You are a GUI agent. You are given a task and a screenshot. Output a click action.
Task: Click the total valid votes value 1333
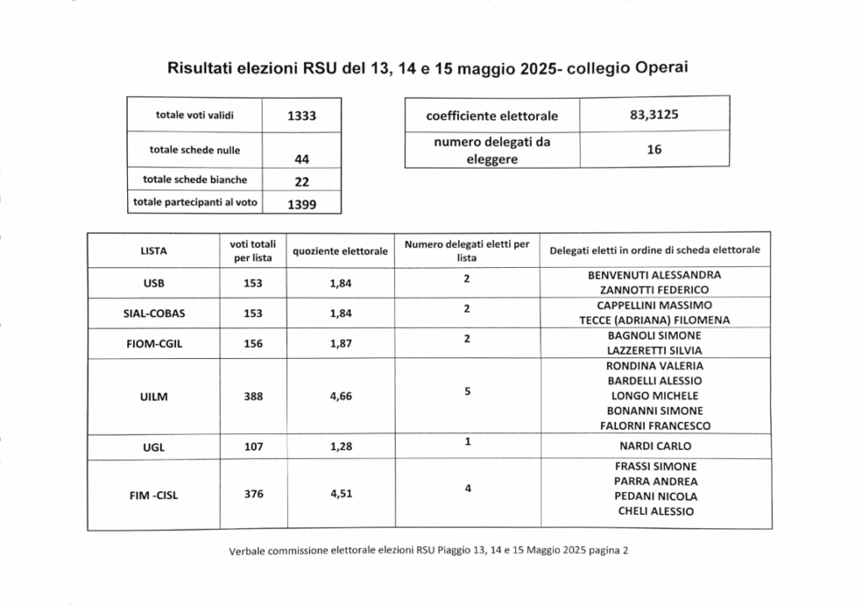[301, 116]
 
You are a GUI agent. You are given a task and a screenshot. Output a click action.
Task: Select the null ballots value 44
[301, 158]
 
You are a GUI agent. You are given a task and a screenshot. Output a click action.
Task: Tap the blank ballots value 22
[301, 180]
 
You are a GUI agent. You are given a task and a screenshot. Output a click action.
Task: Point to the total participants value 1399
[301, 204]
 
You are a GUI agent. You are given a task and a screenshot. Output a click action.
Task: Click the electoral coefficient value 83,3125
[654, 114]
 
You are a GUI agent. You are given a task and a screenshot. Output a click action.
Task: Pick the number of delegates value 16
[654, 149]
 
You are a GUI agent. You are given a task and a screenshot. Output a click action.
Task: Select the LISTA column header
[154, 250]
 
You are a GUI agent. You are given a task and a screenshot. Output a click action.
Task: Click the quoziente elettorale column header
[340, 251]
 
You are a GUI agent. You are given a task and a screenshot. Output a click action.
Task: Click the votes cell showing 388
[253, 396]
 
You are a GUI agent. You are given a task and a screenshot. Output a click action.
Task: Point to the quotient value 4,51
[340, 495]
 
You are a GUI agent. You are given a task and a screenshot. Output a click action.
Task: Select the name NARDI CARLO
[656, 446]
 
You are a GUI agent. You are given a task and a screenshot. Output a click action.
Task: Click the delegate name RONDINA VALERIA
[654, 366]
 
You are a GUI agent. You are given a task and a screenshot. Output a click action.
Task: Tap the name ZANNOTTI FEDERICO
[654, 290]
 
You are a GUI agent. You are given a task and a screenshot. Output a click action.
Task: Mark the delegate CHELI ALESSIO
[656, 511]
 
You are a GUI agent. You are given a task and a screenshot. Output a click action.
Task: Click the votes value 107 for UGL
[253, 447]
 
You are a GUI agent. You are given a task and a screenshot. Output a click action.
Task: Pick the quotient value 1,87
[340, 343]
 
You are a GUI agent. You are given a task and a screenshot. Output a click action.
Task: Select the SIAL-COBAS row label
[154, 313]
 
